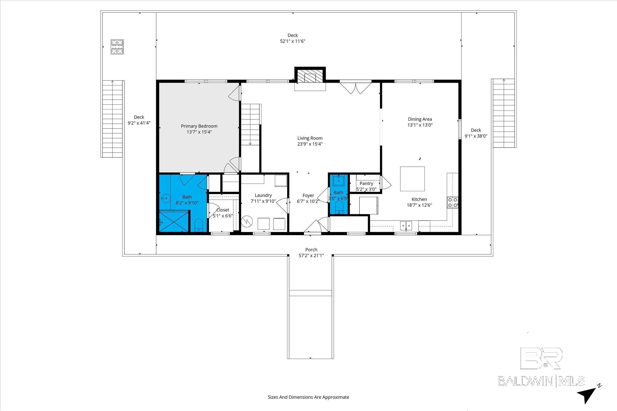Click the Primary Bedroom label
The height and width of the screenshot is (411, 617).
(199, 126)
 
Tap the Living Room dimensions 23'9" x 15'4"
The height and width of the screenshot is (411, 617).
(310, 144)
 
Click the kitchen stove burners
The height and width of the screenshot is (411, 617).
(453, 202)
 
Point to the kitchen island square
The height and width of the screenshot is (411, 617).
(412, 179)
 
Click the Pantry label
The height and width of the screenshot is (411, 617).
(366, 184)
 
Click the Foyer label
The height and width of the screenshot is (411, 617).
(308, 196)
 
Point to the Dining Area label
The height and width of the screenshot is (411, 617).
(420, 119)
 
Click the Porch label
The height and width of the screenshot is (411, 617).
(311, 250)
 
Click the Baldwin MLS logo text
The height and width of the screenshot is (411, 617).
(541, 381)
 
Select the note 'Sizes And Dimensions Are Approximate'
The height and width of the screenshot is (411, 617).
(308, 397)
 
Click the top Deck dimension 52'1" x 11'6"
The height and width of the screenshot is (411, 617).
(293, 41)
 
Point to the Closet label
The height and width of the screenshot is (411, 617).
(223, 210)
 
